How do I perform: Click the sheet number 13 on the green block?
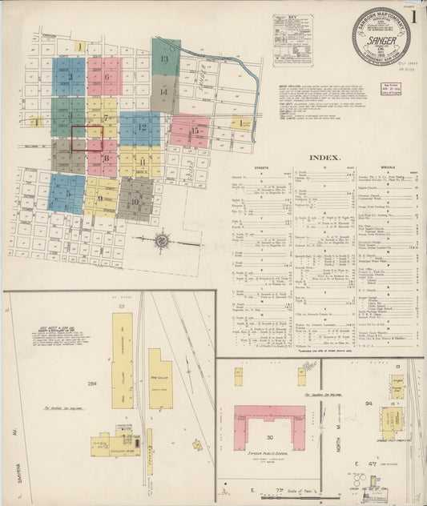[x=164, y=61]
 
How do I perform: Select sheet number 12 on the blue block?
[x=143, y=127]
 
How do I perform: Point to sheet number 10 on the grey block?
[x=135, y=202]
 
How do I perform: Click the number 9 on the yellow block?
[x=100, y=199]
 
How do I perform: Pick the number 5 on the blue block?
[x=106, y=78]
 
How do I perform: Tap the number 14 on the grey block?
[x=163, y=91]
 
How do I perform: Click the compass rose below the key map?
[x=162, y=239]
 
